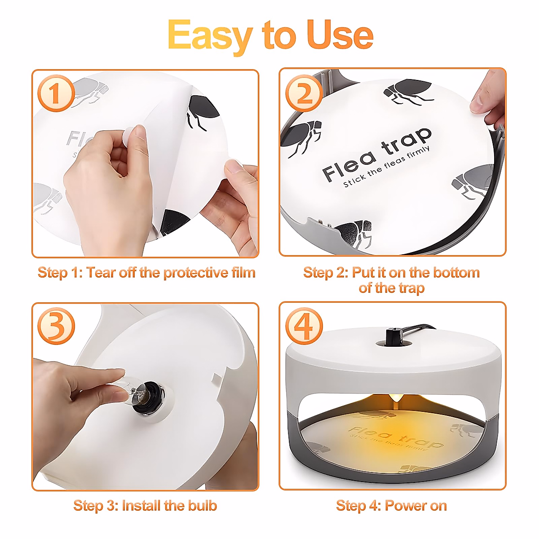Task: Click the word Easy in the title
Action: click(209, 37)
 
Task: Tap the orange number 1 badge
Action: click(56, 93)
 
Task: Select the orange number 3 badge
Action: click(56, 326)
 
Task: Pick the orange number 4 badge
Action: click(304, 326)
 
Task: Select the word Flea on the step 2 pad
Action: click(349, 166)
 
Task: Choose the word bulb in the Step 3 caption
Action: click(202, 505)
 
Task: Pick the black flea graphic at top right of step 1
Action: click(203, 113)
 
